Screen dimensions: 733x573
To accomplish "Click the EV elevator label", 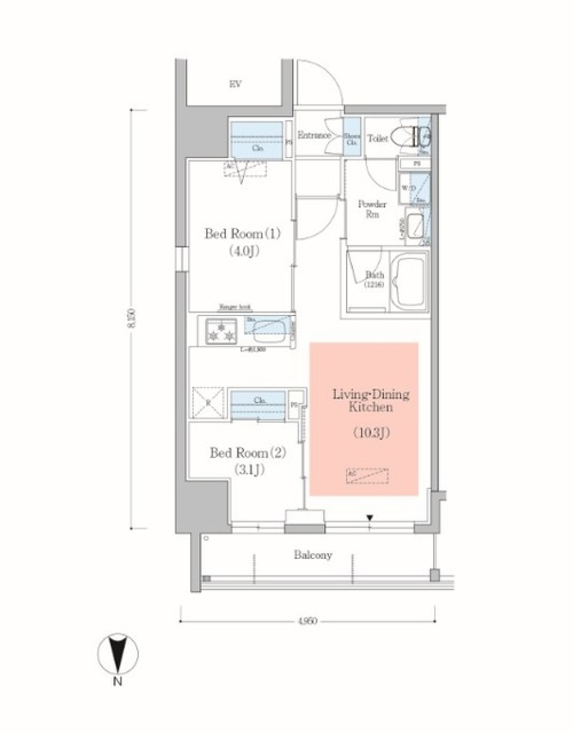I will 235,84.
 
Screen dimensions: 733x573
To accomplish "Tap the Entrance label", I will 314,135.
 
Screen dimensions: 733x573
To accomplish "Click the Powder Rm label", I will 371,209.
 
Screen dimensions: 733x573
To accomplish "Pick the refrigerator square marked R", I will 208,403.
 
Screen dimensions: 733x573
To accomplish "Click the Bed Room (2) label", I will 248,453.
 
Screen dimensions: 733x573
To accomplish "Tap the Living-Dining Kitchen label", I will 371,401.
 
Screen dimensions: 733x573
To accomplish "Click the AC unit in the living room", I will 366,475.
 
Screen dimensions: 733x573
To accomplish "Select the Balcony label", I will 313,555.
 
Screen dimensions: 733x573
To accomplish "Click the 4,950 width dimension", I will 307,621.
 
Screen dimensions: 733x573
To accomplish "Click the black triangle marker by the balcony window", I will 370,518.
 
